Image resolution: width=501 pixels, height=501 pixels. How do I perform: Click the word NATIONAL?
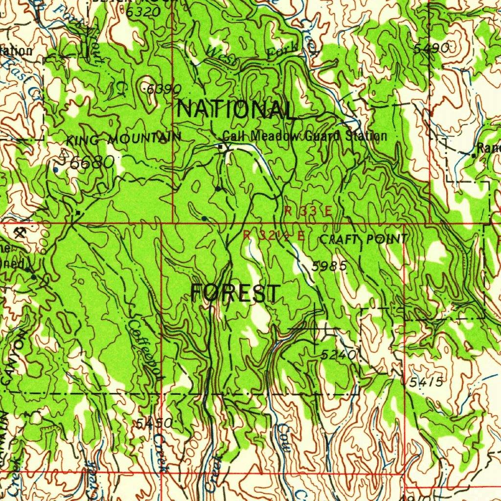point(236,109)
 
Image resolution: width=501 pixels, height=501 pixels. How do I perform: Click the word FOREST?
point(235,294)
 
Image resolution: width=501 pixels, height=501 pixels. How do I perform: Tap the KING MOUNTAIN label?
point(123,139)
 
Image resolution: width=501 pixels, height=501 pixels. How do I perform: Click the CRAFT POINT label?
point(363,239)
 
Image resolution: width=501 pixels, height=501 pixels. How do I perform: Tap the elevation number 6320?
point(143,12)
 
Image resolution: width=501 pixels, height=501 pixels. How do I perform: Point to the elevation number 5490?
point(431,48)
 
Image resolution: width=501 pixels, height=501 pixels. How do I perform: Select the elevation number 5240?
point(339,356)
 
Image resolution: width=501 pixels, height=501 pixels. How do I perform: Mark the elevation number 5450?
point(154,423)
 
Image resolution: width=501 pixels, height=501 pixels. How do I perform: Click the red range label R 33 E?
point(308,211)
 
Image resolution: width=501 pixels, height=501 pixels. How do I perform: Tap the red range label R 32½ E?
point(274,235)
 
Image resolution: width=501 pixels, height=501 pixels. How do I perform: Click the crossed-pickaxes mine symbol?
point(22,231)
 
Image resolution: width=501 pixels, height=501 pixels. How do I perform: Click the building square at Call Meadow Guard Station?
point(221,146)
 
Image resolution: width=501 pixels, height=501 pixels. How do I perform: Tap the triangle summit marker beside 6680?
point(63,154)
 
